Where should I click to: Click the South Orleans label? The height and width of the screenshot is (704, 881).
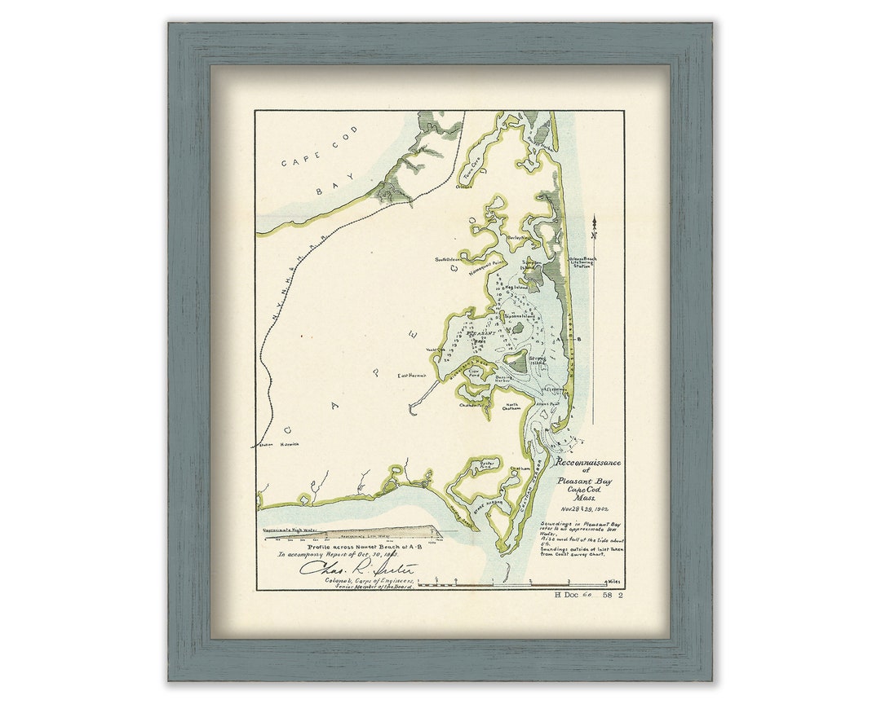(448, 260)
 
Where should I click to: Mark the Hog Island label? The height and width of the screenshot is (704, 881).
(517, 288)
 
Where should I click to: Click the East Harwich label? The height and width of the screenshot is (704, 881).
(413, 376)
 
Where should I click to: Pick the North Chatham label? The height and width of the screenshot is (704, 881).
(512, 407)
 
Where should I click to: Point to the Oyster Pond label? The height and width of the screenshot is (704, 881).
(486, 467)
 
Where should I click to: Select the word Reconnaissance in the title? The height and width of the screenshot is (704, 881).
(587, 463)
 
